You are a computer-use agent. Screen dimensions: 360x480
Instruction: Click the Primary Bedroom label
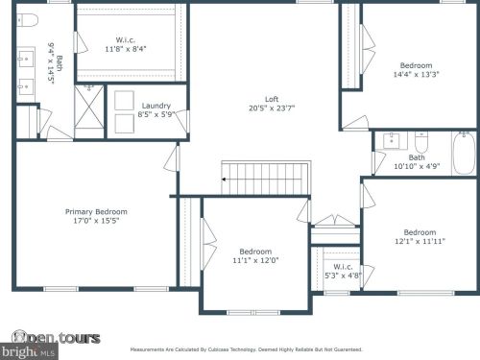(96, 211)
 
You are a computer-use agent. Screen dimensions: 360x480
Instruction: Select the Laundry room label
(156, 106)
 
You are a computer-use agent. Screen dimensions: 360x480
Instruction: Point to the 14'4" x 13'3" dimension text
(417, 74)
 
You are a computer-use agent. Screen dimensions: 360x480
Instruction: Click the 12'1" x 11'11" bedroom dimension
(420, 241)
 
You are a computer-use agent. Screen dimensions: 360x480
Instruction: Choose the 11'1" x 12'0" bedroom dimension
(255, 260)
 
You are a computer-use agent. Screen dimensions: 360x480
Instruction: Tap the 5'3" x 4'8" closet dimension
(341, 276)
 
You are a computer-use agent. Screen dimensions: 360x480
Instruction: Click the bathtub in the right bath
(464, 153)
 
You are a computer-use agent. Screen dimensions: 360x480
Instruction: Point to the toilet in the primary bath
(27, 20)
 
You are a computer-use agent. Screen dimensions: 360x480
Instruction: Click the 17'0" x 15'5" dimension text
(96, 221)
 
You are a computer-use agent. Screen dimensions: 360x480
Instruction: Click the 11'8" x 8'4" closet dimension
(125, 49)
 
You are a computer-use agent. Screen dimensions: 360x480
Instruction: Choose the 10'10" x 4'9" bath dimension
(417, 167)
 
